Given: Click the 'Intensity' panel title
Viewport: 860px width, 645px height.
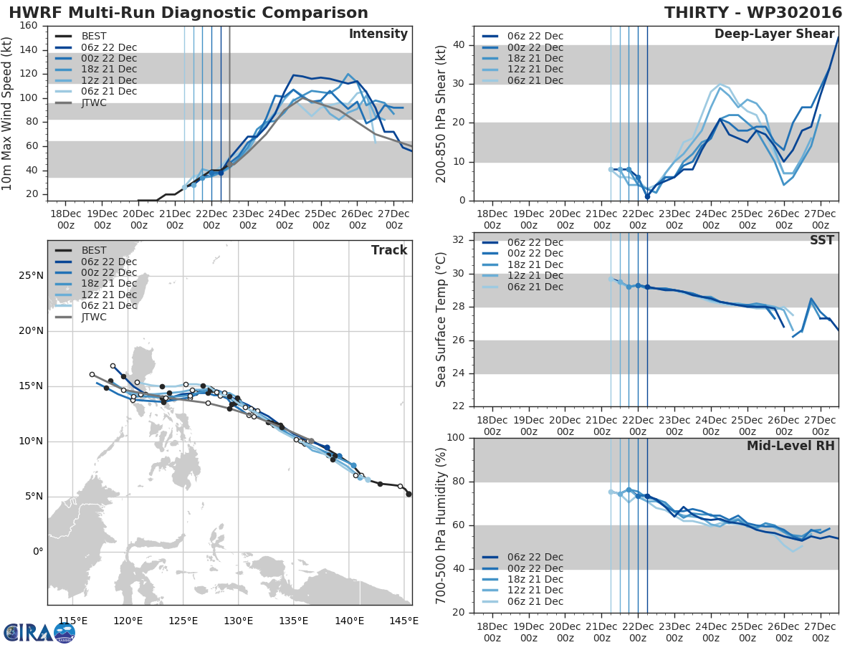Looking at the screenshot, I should click(378, 34).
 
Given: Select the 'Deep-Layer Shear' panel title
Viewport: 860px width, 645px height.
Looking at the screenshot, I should click(774, 34).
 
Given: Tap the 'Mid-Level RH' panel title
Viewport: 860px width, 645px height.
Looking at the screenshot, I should click(790, 446).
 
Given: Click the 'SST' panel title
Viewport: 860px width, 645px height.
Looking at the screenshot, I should click(821, 241).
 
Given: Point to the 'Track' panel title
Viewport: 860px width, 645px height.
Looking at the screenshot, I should click(388, 250).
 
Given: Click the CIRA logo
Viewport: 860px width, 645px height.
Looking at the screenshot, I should click(39, 632).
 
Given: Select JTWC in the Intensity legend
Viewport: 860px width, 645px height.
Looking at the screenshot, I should click(94, 102).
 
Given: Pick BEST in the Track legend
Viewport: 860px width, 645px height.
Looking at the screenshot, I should click(94, 249).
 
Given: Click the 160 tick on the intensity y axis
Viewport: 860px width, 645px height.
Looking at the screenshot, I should click(29, 26).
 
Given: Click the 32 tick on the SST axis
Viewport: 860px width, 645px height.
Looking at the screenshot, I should click(460, 240).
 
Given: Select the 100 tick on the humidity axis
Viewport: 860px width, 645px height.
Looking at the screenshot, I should click(456, 438).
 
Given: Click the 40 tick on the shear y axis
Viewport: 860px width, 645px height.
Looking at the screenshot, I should click(460, 45).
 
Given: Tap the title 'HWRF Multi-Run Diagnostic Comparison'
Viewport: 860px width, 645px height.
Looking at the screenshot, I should click(188, 13).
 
